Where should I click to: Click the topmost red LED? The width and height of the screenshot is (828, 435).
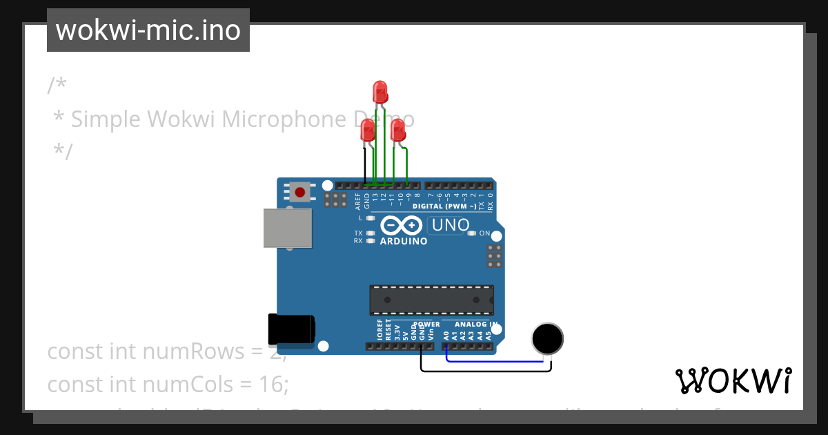[379, 92]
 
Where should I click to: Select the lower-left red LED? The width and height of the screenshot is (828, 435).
[368, 130]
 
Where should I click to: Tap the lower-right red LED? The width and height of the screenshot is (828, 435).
[398, 130]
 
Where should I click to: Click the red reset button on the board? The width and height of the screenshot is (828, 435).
[300, 191]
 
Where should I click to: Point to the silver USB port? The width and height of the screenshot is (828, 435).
[286, 228]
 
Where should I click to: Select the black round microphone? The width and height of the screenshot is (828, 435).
[548, 338]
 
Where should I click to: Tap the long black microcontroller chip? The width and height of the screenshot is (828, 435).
[431, 300]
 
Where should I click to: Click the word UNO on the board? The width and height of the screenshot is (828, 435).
[450, 225]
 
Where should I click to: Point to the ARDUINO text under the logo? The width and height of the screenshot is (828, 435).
[404, 242]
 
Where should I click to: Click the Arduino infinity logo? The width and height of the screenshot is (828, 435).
[401, 226]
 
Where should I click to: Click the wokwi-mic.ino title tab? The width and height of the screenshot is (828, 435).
[148, 30]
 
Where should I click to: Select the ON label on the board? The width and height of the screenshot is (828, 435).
[485, 233]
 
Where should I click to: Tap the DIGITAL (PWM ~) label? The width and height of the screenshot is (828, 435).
[444, 206]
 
